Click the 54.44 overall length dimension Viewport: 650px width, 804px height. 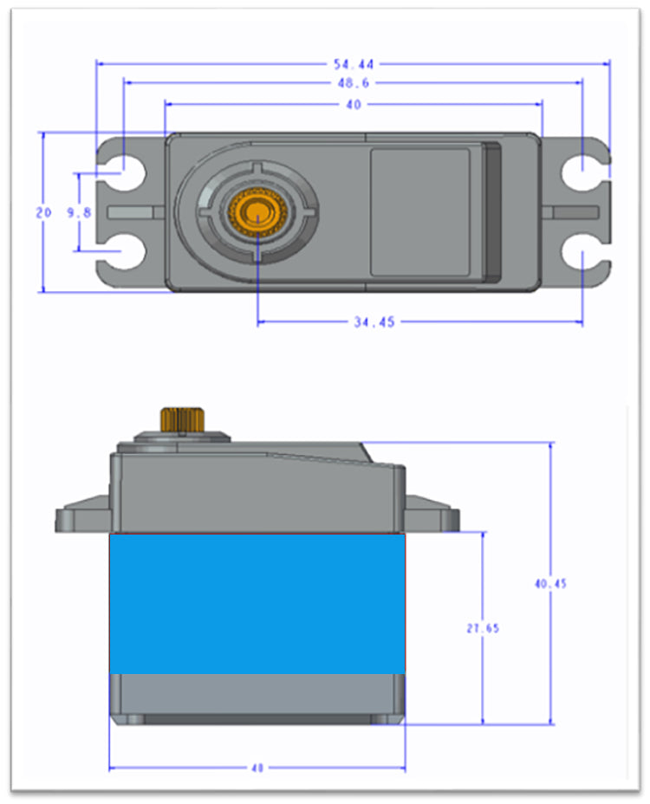click(353, 64)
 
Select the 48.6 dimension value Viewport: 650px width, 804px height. click(353, 83)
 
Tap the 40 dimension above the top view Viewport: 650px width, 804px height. click(353, 104)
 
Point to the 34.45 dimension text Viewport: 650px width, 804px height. click(374, 322)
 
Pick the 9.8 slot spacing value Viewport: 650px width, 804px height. click(79, 212)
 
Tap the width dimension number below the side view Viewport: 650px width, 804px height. click(257, 768)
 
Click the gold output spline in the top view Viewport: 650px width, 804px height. click(257, 211)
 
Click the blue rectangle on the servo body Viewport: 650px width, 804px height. click(257, 603)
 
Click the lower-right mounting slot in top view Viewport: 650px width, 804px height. click(581, 255)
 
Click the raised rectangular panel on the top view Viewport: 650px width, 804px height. click(420, 211)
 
